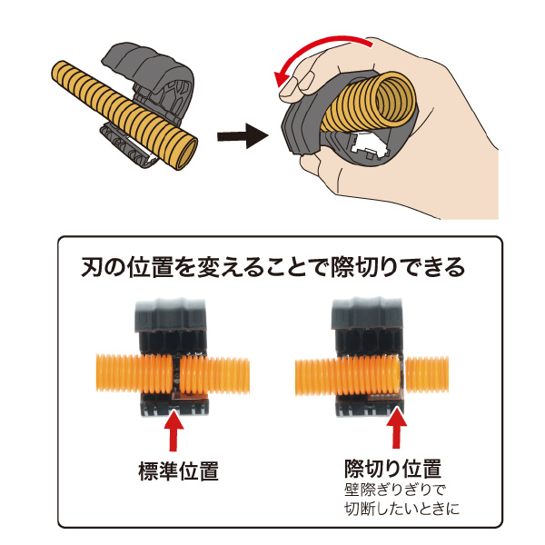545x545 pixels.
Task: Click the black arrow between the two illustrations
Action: pyautogui.click(x=243, y=136)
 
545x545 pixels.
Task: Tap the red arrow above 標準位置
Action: pyautogui.click(x=173, y=430)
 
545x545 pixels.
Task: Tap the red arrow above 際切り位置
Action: pyautogui.click(x=397, y=428)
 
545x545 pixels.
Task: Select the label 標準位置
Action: pyautogui.click(x=179, y=471)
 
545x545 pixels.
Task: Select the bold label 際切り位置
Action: pyautogui.click(x=393, y=469)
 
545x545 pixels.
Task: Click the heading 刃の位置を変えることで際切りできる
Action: pyautogui.click(x=272, y=267)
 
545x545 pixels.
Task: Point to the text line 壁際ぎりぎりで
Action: pyautogui.click(x=395, y=490)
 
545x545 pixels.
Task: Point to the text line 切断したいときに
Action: pyautogui.click(x=401, y=509)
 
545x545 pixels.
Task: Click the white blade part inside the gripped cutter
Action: pyautogui.click(x=369, y=146)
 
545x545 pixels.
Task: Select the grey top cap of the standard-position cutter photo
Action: pyautogui.click(x=171, y=315)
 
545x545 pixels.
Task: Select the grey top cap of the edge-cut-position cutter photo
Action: pyautogui.click(x=367, y=313)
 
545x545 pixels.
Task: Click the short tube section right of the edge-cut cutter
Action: pyautogui.click(x=427, y=374)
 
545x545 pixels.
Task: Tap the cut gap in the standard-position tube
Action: pyautogui.click(x=176, y=375)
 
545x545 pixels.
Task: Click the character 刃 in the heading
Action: pyautogui.click(x=92, y=267)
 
